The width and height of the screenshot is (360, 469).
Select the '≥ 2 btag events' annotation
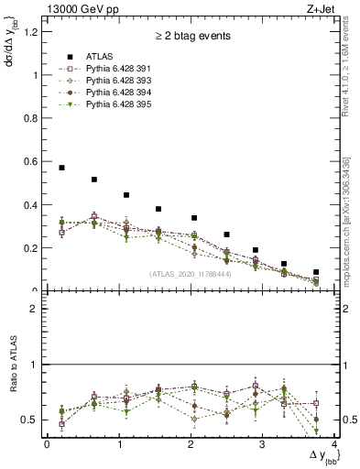coord(191,37)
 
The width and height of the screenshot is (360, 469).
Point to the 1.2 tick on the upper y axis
coord(29,33)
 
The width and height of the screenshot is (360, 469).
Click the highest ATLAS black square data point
coord(61,168)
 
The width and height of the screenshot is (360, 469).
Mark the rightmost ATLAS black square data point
coord(316,272)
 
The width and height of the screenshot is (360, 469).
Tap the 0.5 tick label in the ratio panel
coord(29,420)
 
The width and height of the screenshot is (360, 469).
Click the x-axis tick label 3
coord(262,444)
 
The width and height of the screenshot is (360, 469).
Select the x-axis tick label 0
coord(46,444)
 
